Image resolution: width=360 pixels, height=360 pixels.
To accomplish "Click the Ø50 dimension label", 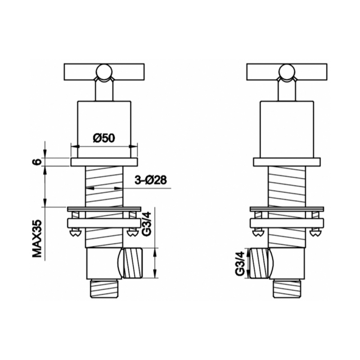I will (x=103, y=138).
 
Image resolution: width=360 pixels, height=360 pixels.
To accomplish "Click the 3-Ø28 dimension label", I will (x=151, y=180).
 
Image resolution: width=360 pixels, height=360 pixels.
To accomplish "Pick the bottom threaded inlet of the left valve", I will (x=104, y=288).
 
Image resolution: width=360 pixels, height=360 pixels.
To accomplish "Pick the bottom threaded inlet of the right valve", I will (x=287, y=288).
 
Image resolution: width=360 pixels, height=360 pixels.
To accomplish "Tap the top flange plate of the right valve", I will (x=287, y=162).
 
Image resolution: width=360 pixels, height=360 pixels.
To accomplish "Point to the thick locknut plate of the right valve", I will (x=287, y=223).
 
